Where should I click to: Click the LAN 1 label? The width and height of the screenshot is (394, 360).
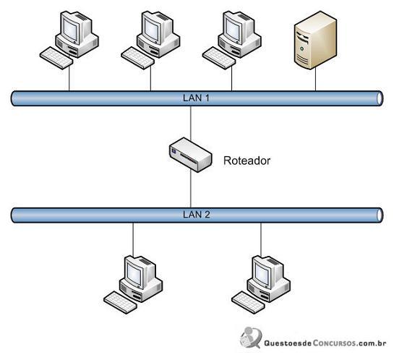point(196,98)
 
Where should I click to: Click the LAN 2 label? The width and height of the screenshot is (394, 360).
point(196,215)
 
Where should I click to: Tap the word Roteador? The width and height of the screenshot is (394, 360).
point(247,160)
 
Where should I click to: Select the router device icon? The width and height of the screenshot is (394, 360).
point(190,155)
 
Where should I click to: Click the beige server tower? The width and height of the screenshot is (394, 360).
point(315,40)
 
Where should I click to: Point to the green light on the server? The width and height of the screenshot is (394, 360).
point(301,48)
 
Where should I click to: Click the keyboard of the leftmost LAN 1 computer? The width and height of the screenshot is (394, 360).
point(56,58)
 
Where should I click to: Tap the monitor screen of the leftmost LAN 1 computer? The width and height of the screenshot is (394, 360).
point(71,30)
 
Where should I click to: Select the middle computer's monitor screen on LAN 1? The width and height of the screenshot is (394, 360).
point(152,30)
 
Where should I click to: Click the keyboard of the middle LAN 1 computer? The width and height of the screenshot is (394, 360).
point(137,58)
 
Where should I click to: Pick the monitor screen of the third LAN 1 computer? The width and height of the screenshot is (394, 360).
point(234,30)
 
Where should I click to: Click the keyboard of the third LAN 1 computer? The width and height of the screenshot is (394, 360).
point(219,58)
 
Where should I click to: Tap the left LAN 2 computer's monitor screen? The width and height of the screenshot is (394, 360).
point(134,274)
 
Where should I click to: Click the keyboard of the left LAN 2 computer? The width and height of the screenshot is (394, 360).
point(120,302)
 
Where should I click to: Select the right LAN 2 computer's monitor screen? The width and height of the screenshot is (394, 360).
point(262,274)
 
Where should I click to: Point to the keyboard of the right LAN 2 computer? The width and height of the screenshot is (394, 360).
point(248,302)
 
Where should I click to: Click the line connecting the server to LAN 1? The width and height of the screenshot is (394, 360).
point(316,80)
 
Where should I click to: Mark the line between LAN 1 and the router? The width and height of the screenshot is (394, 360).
point(191,123)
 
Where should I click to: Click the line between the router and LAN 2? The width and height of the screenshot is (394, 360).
point(191,189)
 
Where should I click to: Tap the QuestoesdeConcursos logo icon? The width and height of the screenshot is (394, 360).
point(251,338)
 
